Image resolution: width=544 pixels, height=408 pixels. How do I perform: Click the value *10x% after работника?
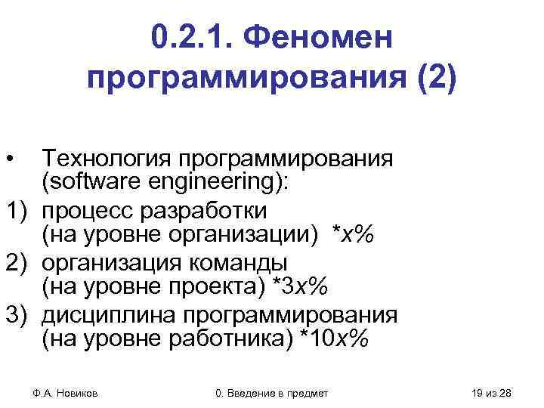click(x=334, y=339)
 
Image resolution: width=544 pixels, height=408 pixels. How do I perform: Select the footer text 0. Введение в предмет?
click(x=272, y=392)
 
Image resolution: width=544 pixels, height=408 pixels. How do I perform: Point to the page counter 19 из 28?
click(x=490, y=392)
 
